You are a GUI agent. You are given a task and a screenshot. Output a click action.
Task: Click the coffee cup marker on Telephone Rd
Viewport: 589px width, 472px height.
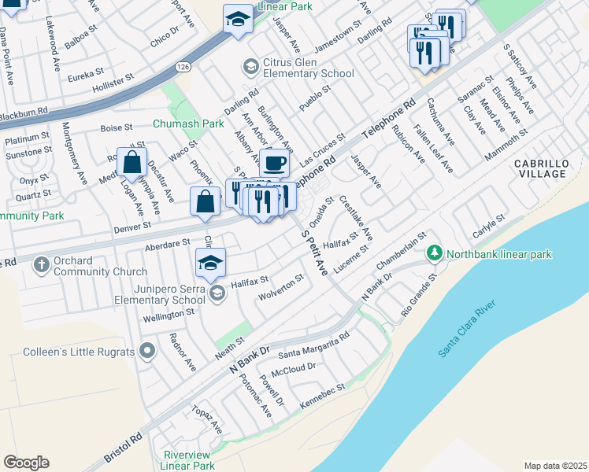point(273,163)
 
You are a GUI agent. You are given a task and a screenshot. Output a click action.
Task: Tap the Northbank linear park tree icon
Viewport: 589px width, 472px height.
point(433,253)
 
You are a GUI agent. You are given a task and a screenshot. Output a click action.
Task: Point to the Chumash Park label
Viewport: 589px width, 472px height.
point(189,124)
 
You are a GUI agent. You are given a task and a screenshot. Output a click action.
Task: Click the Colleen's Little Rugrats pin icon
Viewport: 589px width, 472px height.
point(146,351)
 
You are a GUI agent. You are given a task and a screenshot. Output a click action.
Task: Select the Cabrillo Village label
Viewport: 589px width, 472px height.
point(541,169)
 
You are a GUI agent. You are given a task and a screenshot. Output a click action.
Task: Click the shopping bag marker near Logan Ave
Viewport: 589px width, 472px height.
point(132,164)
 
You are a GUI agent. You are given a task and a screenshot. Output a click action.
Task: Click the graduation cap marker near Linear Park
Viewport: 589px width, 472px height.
point(238,20)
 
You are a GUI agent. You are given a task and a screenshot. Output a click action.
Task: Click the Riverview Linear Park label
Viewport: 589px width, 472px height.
point(188,460)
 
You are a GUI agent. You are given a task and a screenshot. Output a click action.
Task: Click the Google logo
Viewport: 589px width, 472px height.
point(26,463)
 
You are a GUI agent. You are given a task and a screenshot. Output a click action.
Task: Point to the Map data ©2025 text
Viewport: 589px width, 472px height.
point(555,466)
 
